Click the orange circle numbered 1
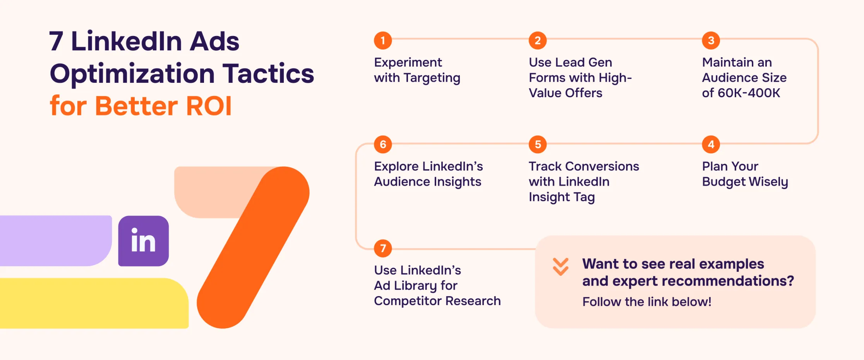(383, 41)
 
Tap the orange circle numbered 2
(538, 41)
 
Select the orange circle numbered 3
(711, 41)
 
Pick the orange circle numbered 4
(711, 145)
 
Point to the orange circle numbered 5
(538, 145)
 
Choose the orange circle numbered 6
(383, 145)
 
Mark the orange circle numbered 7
(383, 249)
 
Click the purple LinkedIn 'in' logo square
(143, 241)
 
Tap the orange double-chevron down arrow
(561, 267)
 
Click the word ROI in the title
(209, 106)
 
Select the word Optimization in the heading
(132, 74)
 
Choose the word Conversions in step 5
(602, 166)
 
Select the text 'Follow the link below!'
(647, 302)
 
